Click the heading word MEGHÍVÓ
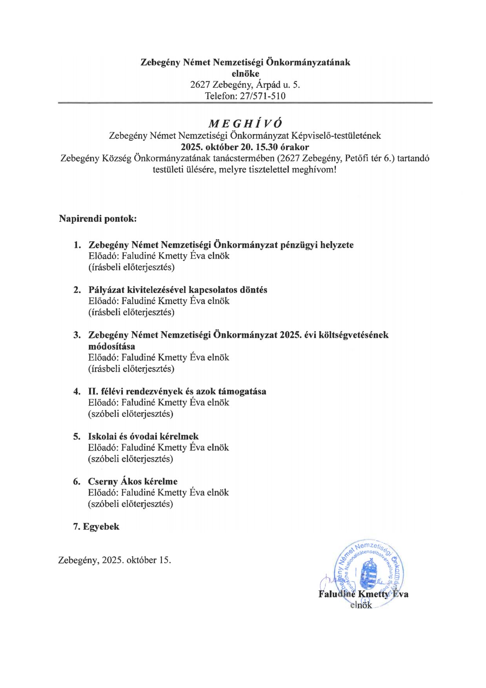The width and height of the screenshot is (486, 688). click(245, 124)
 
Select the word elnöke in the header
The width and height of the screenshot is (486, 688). click(245, 73)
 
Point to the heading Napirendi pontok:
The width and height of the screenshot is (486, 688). click(98, 218)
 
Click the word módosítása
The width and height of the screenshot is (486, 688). click(111, 346)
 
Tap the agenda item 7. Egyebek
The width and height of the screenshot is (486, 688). click(96, 526)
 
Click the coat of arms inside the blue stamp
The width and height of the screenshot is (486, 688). click(369, 572)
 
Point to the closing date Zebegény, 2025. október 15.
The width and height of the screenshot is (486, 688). click(115, 560)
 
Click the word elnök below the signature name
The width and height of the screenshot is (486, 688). click(361, 605)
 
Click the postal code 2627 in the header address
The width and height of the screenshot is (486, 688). click(200, 85)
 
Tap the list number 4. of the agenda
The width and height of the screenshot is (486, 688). click(77, 391)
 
